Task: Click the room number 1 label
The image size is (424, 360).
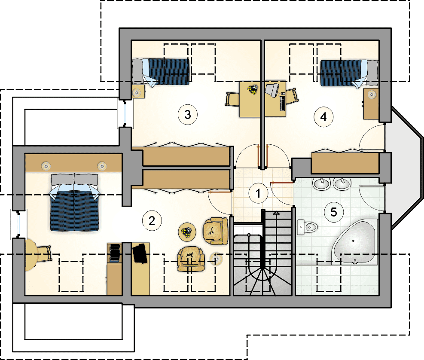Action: [258, 193]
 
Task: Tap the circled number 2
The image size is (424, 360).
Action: [152, 221]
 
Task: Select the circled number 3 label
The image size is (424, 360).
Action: [188, 115]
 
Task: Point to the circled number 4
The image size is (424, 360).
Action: [323, 117]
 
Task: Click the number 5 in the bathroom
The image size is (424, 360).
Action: [334, 212]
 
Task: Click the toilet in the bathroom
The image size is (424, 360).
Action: [307, 227]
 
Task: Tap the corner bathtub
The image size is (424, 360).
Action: [354, 242]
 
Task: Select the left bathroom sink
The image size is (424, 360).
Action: [321, 184]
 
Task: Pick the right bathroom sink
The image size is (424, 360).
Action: [342, 184]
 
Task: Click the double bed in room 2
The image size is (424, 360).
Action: [74, 202]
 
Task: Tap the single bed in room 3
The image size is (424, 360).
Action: [161, 72]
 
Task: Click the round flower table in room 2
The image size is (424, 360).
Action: [187, 232]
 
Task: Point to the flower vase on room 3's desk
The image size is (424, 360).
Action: [253, 89]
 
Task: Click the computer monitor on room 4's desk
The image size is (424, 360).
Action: [272, 89]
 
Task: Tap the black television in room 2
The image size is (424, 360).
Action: [140, 253]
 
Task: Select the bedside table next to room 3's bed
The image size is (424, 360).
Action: [138, 92]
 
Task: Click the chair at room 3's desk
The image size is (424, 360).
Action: [232, 99]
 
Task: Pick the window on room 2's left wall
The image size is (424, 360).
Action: [18, 224]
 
